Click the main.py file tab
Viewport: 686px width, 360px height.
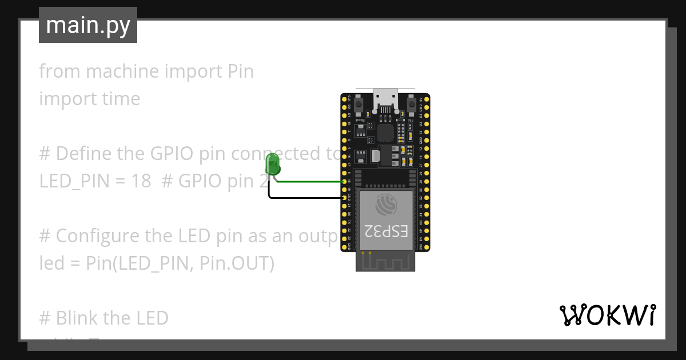click(88, 25)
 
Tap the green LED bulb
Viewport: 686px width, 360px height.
click(273, 164)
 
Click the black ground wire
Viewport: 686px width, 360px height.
click(303, 198)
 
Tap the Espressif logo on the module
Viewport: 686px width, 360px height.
click(385, 203)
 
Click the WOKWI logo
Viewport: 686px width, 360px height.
click(607, 315)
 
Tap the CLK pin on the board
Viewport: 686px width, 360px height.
click(344, 99)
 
